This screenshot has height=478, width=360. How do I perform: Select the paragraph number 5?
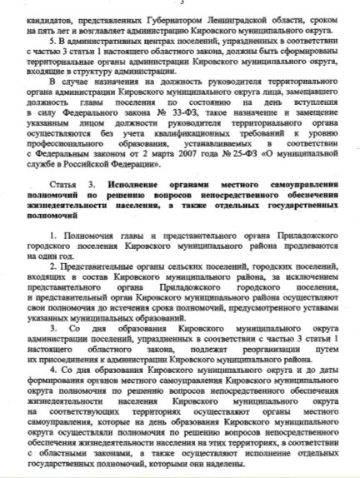[51, 41]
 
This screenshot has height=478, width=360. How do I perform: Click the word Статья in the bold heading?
[62, 204]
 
